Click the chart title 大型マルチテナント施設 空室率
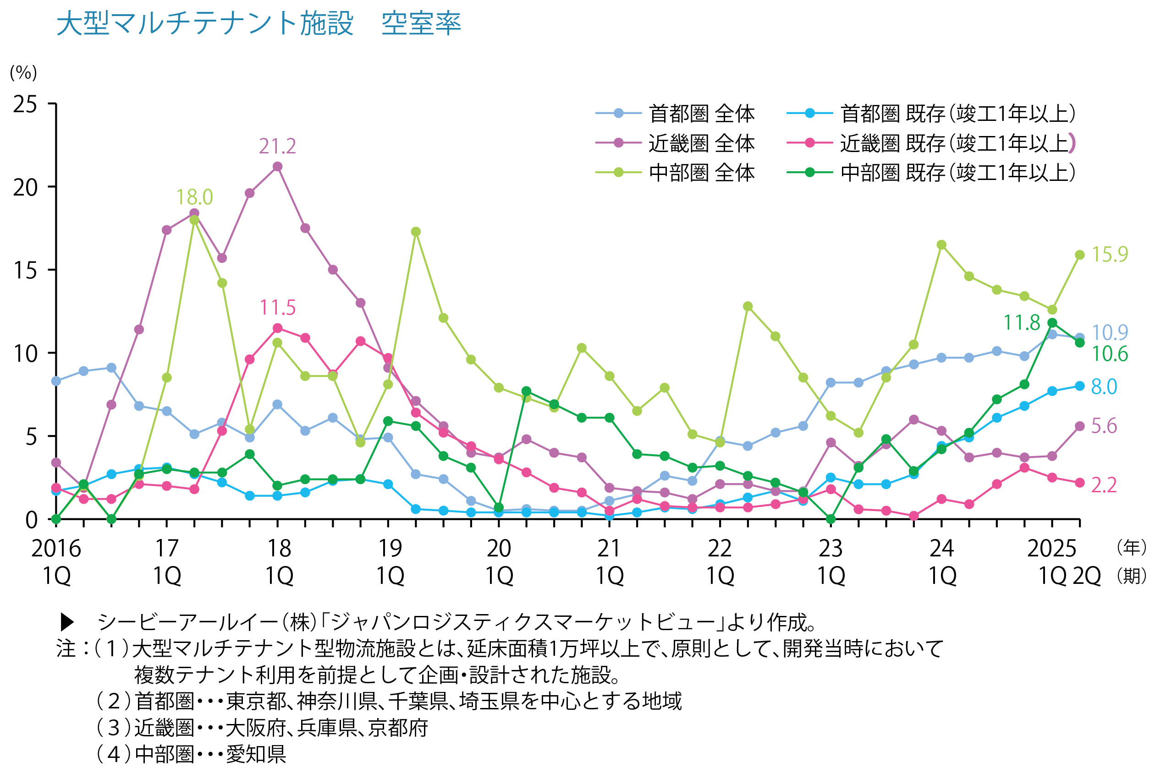click(x=258, y=23)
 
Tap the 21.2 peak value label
click(x=277, y=147)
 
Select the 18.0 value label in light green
click(x=194, y=197)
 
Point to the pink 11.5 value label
click(x=277, y=308)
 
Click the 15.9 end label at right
click(x=1109, y=254)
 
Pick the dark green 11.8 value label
click(x=1021, y=323)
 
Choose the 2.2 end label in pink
click(x=1104, y=485)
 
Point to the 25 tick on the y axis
click(x=25, y=104)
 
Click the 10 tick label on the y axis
click(x=25, y=354)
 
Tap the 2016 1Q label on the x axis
click(x=56, y=562)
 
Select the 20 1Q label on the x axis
click(x=499, y=562)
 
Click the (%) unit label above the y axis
click(x=23, y=73)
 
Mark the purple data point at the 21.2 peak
click(x=277, y=167)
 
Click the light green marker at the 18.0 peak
click(x=194, y=220)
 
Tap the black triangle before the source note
click(x=67, y=623)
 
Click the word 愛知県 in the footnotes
click(x=256, y=754)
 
